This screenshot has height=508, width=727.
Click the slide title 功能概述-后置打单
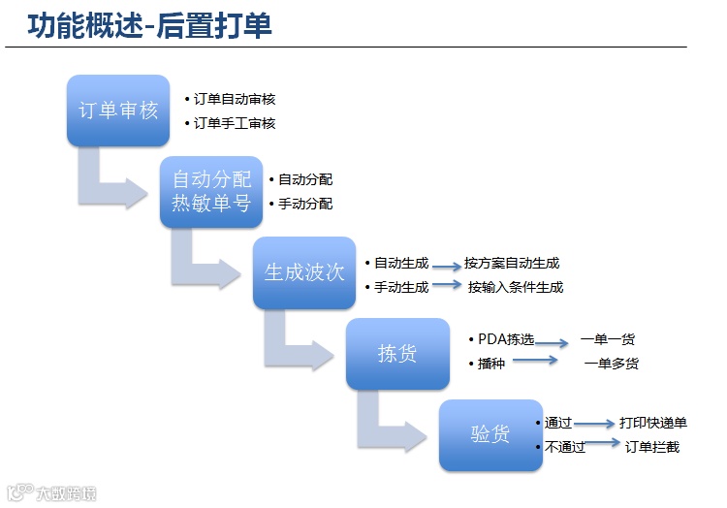(150, 25)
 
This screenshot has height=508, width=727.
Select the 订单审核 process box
(118, 111)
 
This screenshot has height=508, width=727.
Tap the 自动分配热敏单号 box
(211, 191)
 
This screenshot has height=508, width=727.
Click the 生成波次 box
(304, 272)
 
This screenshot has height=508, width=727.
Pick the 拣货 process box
(397, 354)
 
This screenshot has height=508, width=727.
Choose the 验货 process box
(490, 434)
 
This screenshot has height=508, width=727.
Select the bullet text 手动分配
(305, 204)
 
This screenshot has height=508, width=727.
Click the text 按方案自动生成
(512, 263)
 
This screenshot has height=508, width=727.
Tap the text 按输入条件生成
(516, 287)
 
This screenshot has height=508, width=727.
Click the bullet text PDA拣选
(506, 339)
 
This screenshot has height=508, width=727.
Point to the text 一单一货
(608, 339)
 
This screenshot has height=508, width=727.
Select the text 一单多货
(612, 364)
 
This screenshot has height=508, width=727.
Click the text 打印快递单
(653, 423)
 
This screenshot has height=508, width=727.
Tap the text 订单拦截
(652, 447)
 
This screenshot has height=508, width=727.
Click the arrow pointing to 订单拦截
(603, 444)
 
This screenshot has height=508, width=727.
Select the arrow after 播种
(535, 361)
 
